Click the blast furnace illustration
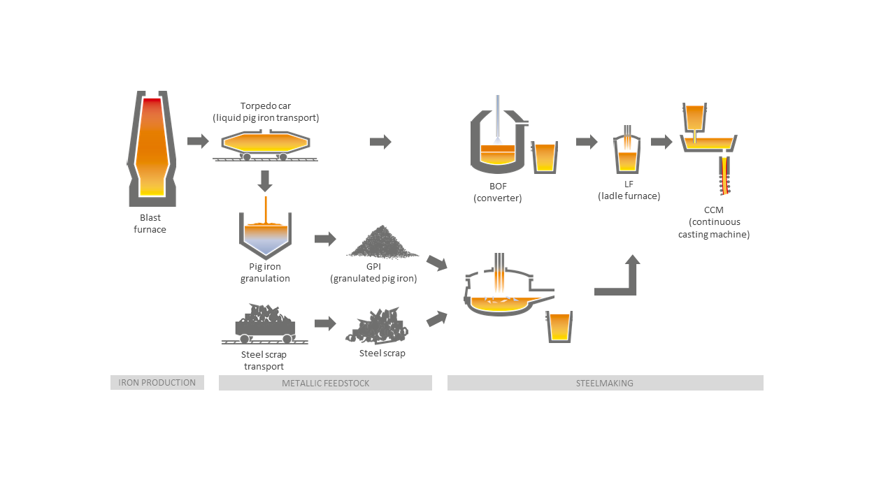151,148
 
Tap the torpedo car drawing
265,143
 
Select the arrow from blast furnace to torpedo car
198,142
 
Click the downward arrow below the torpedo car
264,181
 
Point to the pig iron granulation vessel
265,235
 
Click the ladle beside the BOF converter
544,156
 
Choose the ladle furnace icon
627,154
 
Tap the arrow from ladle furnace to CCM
661,142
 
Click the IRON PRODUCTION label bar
157,382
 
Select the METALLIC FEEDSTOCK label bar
325,383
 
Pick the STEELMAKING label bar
605,383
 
